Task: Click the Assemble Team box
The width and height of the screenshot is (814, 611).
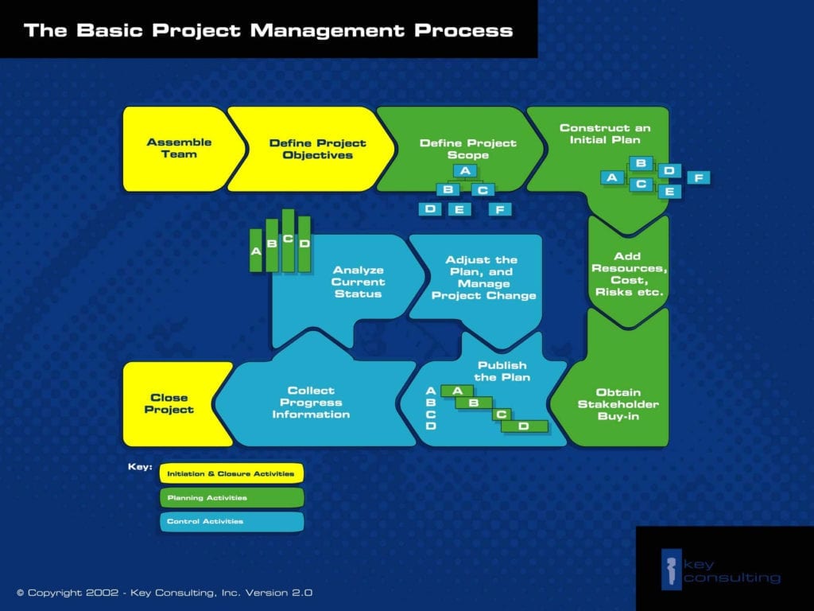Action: [179, 148]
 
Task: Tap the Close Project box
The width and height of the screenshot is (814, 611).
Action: [169, 403]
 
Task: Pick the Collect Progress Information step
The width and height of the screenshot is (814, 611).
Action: [311, 403]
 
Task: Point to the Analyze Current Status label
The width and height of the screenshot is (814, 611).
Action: [358, 282]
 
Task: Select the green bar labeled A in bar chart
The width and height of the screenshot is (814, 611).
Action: [256, 251]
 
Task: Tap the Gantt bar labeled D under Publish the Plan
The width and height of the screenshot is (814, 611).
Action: [525, 426]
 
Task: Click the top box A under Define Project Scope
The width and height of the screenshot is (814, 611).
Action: [465, 171]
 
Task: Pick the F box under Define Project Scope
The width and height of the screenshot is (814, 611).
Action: [499, 209]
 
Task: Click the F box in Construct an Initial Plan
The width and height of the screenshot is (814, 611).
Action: [698, 177]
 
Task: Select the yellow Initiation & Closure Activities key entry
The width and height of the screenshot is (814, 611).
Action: [231, 473]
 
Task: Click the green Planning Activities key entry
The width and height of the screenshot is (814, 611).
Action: [231, 498]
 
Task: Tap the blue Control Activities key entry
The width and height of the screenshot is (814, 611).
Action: [231, 522]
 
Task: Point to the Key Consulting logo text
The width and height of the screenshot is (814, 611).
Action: [731, 570]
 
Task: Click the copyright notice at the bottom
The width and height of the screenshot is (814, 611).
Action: [165, 593]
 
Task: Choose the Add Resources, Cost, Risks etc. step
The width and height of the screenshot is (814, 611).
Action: [627, 274]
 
